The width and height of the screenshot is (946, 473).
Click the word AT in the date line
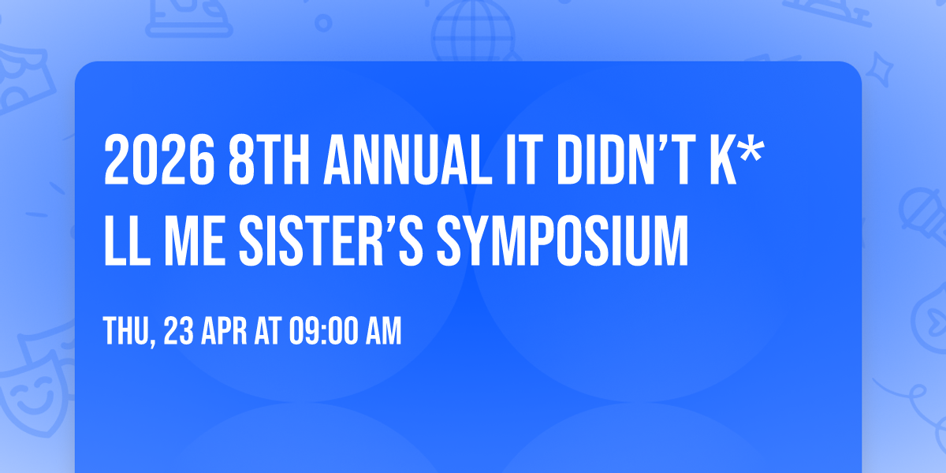point(269,332)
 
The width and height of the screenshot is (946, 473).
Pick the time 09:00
point(324,332)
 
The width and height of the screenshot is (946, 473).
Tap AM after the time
point(383,332)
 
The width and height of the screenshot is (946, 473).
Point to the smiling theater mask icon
point(32,394)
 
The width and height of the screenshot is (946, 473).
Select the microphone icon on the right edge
point(922,213)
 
